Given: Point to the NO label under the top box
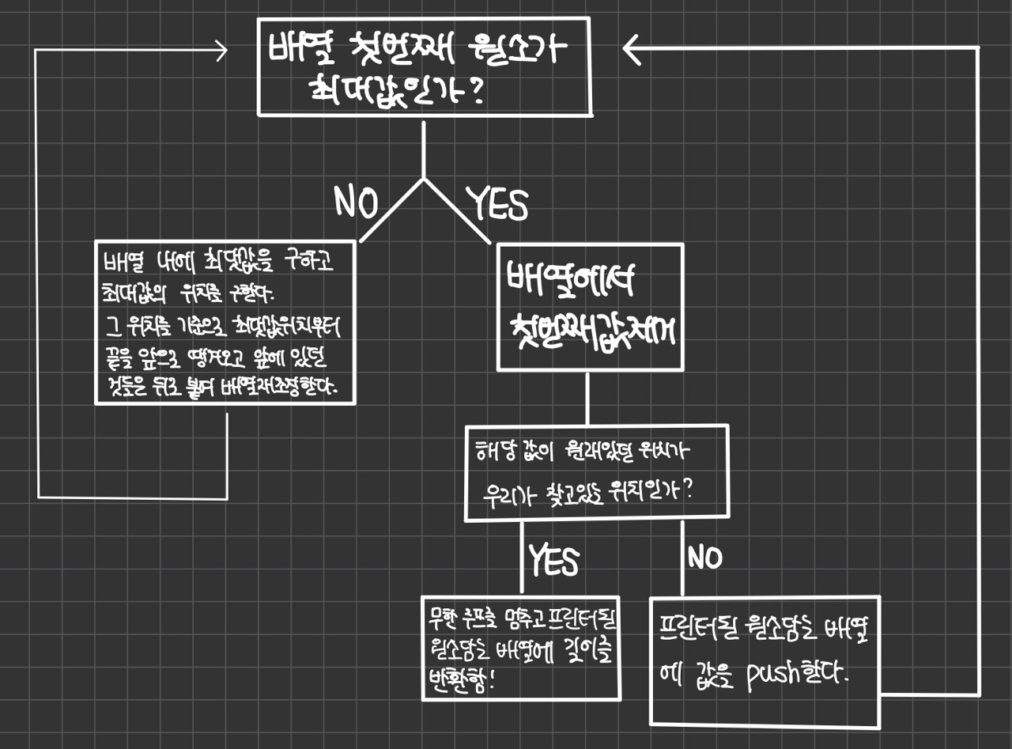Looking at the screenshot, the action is [356, 202].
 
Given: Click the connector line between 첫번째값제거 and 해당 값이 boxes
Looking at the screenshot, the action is [587, 399].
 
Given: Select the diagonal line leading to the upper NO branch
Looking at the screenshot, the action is [391, 210].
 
